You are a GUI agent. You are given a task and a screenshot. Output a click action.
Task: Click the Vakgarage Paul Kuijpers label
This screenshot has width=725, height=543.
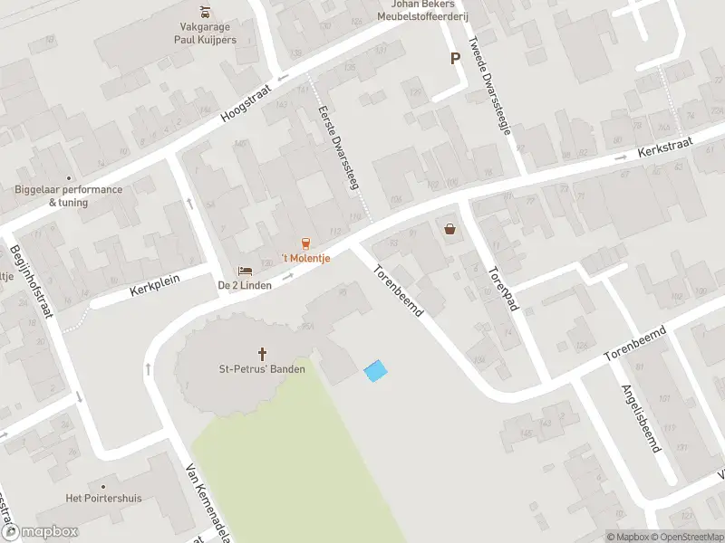click(x=207, y=33)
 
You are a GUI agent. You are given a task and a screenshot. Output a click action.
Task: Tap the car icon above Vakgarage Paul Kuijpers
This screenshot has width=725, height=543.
click(x=207, y=12)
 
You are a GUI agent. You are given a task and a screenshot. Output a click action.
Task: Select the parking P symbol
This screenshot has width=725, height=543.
click(x=455, y=58)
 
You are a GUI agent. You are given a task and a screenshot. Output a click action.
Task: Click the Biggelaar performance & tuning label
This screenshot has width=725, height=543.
click(x=69, y=195)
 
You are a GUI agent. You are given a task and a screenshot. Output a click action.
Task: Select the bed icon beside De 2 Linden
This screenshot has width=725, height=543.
click(x=244, y=270)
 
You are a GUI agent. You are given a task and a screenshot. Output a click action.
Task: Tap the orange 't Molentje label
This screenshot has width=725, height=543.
click(x=304, y=259)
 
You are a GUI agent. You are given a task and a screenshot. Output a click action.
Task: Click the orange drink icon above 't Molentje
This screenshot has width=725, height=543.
click(x=305, y=243)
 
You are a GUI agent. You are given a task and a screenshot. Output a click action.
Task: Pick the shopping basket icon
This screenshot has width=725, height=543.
click(x=450, y=229)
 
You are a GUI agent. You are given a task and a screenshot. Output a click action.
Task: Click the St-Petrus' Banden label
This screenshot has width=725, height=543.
click(x=263, y=368)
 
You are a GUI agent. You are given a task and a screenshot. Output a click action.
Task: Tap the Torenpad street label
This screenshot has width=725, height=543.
click(x=501, y=288)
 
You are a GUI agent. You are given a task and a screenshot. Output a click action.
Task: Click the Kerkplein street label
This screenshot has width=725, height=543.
click(x=155, y=286)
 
